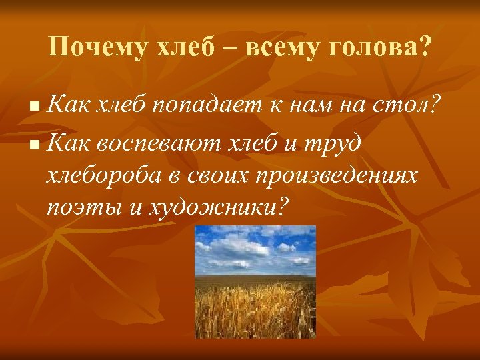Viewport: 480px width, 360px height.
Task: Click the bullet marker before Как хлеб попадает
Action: point(35,106)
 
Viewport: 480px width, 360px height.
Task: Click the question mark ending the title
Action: point(424,47)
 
